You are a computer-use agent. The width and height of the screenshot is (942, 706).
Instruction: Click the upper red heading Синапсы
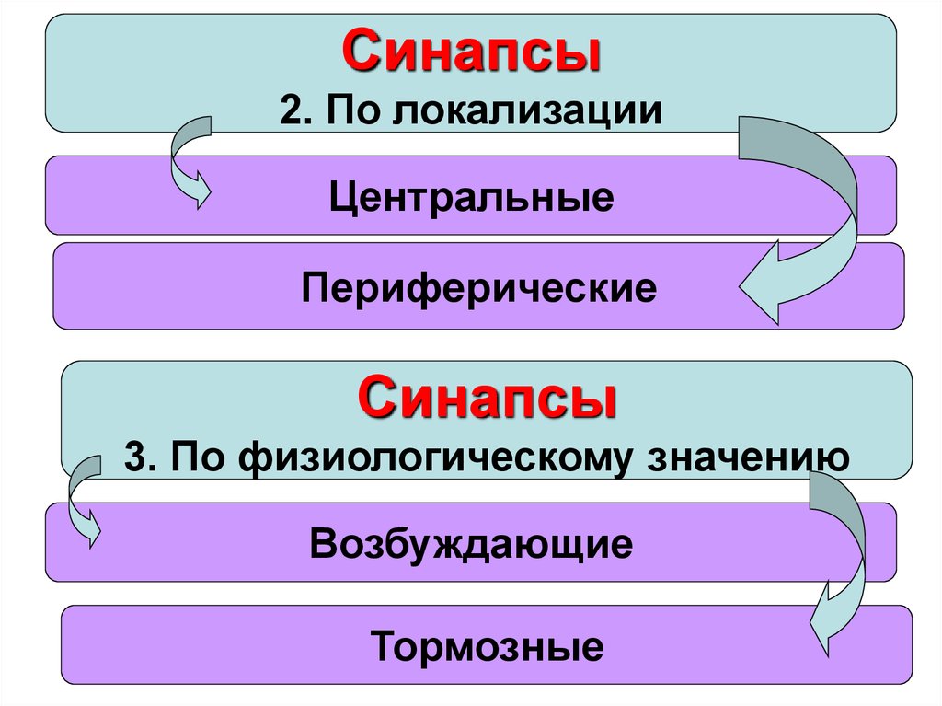[471, 52]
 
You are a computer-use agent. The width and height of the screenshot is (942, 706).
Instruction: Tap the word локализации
[530, 110]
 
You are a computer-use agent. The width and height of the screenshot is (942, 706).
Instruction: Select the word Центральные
[472, 198]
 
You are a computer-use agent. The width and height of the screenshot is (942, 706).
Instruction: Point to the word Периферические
[478, 288]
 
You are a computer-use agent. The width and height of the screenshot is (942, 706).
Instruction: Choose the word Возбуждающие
[471, 543]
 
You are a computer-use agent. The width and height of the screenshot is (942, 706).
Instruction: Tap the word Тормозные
[488, 646]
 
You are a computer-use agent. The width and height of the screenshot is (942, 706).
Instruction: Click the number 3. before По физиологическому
[141, 457]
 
